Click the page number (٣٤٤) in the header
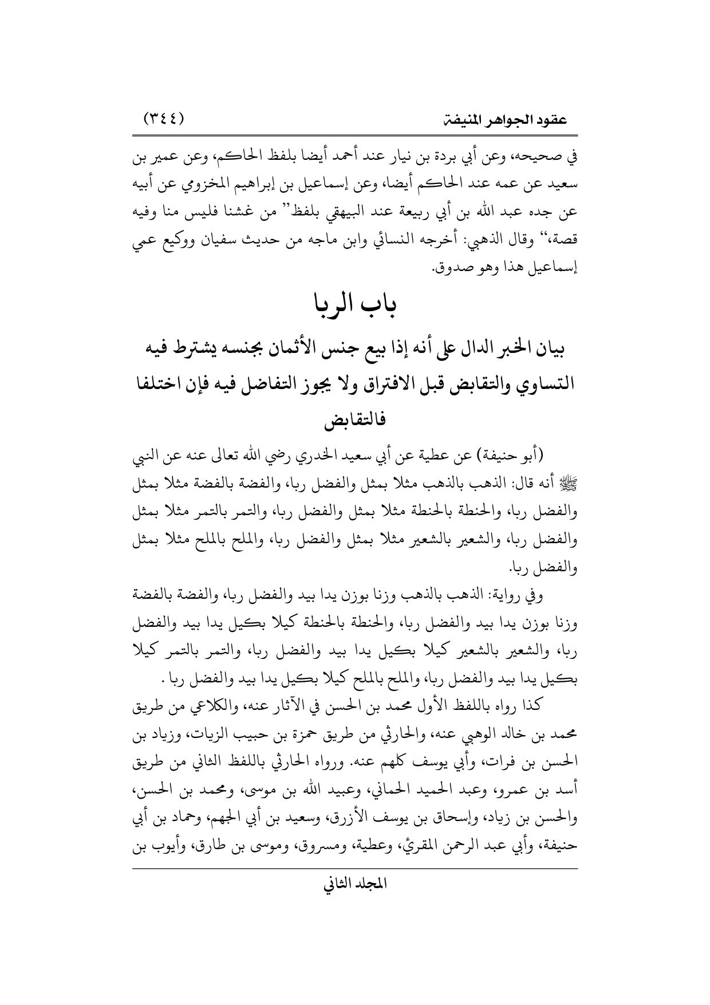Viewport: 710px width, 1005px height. (x=165, y=120)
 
